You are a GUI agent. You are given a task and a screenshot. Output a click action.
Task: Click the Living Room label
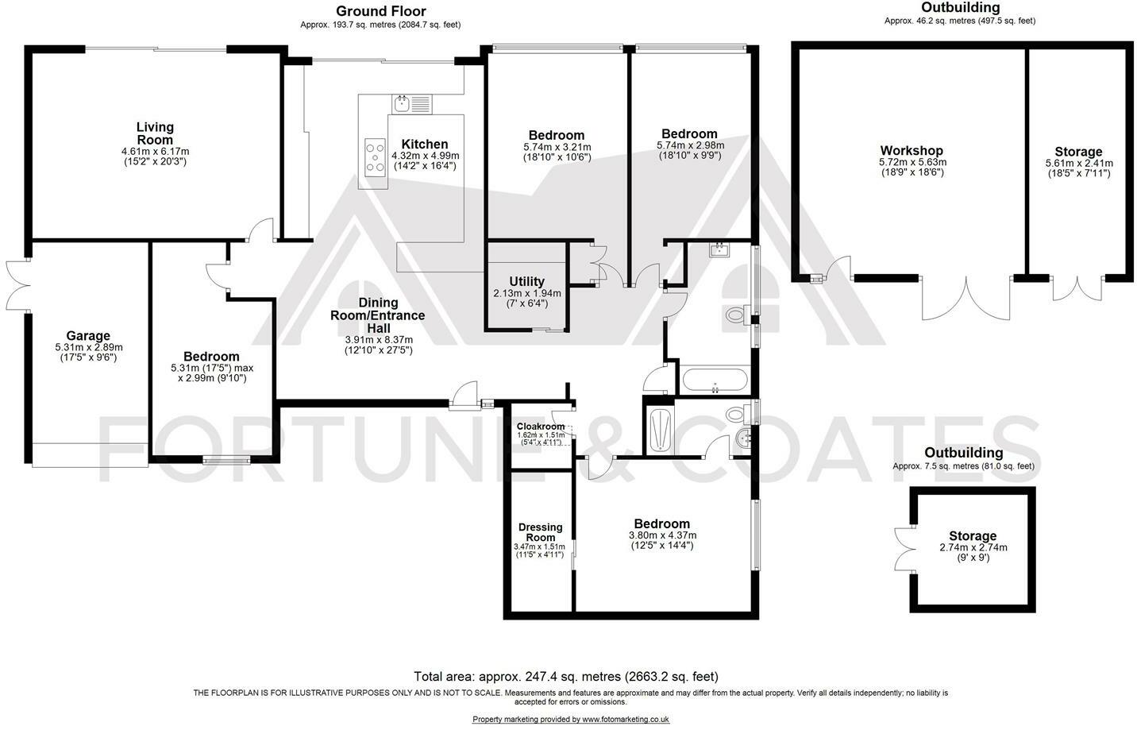(x=155, y=133)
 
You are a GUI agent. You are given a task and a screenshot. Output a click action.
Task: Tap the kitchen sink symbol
(x=411, y=103)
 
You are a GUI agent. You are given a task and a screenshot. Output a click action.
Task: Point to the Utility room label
(x=526, y=281)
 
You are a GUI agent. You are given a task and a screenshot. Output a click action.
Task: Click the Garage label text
(x=88, y=336)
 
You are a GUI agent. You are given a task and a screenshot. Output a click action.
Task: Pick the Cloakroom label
(x=541, y=427)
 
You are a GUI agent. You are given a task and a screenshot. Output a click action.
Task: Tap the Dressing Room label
(x=540, y=532)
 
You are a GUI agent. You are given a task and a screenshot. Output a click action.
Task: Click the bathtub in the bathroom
(x=715, y=380)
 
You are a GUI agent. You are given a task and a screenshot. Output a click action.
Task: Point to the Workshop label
(x=912, y=151)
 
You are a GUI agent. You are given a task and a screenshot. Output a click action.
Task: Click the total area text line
(x=565, y=677)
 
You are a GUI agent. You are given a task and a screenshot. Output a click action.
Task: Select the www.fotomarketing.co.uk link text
(x=626, y=719)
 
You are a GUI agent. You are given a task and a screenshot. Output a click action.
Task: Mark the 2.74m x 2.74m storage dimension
(x=973, y=547)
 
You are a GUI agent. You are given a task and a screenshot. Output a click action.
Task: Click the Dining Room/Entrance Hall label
(x=378, y=315)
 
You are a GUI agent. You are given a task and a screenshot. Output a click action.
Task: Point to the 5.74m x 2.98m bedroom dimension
(x=689, y=145)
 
